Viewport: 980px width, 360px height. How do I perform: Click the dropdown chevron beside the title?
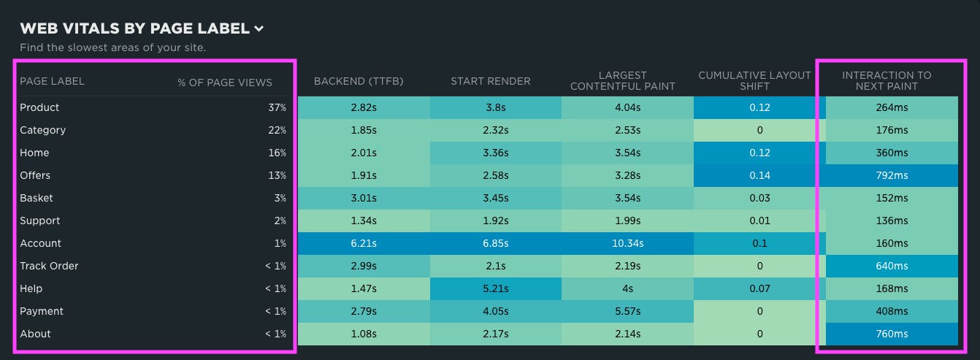pyautogui.click(x=259, y=29)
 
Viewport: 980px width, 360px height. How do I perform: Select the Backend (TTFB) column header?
pyautogui.click(x=359, y=81)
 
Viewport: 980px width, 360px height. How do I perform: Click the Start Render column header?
pyautogui.click(x=491, y=81)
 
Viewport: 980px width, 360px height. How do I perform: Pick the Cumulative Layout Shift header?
pyautogui.click(x=754, y=81)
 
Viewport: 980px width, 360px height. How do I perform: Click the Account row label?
pyautogui.click(x=41, y=243)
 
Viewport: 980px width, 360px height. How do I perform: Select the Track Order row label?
pyautogui.click(x=49, y=266)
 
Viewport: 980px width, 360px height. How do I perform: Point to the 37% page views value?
pyautogui.click(x=277, y=107)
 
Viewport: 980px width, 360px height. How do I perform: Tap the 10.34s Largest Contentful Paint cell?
pyautogui.click(x=627, y=243)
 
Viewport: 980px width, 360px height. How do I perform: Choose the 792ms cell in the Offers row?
pyautogui.click(x=892, y=175)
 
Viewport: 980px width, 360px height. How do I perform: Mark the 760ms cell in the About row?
pyautogui.click(x=892, y=334)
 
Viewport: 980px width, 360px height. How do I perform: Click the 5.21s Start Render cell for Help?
pyautogui.click(x=495, y=288)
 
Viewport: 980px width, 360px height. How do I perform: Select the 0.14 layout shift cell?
pyautogui.click(x=759, y=175)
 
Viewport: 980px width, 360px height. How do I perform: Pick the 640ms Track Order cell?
pyautogui.click(x=892, y=266)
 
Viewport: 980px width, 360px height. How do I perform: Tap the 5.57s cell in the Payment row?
pyautogui.click(x=627, y=311)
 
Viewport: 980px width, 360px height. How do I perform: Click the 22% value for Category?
pyautogui.click(x=277, y=130)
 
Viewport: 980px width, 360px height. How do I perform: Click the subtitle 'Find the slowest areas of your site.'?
pyautogui.click(x=112, y=47)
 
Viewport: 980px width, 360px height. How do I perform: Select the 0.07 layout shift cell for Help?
pyautogui.click(x=759, y=288)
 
